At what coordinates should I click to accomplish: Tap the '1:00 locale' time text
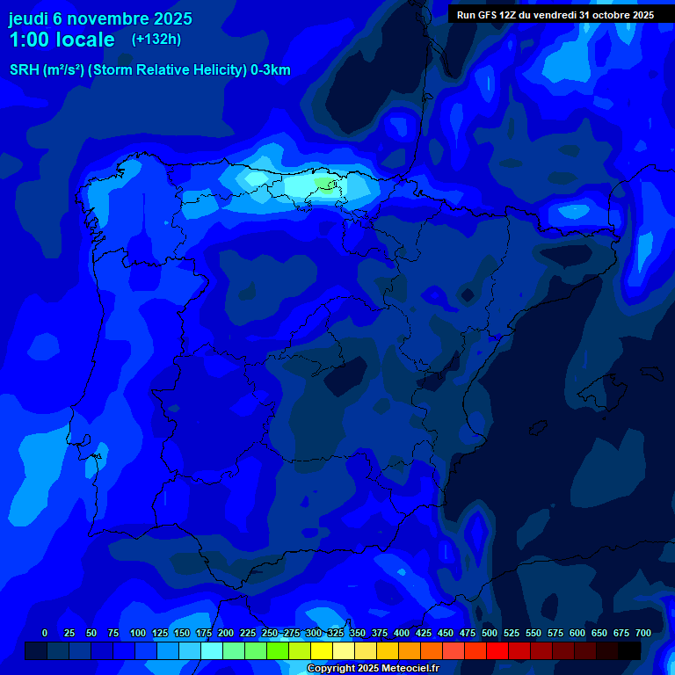coord(62,40)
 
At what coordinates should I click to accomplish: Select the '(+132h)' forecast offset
coord(156,40)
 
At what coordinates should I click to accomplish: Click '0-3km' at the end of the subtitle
coord(270,70)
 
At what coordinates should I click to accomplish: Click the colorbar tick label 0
coord(45,633)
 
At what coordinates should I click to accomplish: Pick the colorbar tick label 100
coord(138,633)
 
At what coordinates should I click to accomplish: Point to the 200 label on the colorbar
coord(226,633)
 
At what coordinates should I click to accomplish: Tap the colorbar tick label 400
coord(402,633)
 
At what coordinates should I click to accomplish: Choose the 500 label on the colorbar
coord(490,633)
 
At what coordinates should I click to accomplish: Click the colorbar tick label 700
coord(643,633)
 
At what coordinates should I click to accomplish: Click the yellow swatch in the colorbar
coord(322,651)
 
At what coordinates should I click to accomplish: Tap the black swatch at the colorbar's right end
coord(629,651)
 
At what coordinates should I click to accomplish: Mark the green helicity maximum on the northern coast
coord(326,183)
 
